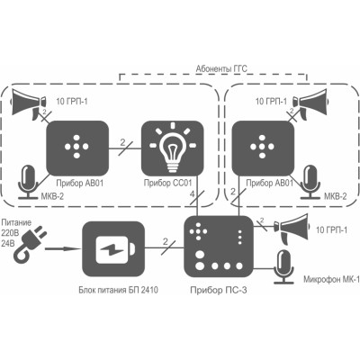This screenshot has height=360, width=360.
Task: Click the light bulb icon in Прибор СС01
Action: (172, 148)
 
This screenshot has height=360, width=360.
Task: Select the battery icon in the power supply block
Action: (114, 249)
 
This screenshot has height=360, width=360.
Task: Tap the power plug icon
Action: (30, 245)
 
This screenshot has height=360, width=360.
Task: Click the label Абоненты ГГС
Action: (221, 68)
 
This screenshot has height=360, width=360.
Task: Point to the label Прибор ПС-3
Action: (219, 290)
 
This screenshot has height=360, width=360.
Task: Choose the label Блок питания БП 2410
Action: (118, 290)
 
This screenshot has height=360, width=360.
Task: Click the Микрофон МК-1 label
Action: (331, 280)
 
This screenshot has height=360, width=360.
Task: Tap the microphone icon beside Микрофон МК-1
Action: (283, 266)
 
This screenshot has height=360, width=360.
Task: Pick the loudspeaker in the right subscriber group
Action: (310, 103)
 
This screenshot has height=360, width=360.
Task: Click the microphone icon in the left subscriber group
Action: (28, 183)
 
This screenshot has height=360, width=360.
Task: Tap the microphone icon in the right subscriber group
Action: (310, 182)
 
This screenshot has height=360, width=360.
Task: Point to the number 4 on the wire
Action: (193, 194)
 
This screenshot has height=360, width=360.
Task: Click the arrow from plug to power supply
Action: (63, 248)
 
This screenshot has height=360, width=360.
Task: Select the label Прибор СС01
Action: (167, 183)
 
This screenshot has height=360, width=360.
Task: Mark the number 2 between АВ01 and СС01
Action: (122, 142)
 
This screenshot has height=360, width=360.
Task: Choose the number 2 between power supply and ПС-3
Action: (166, 241)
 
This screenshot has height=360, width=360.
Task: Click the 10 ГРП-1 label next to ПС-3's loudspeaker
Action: (331, 230)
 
